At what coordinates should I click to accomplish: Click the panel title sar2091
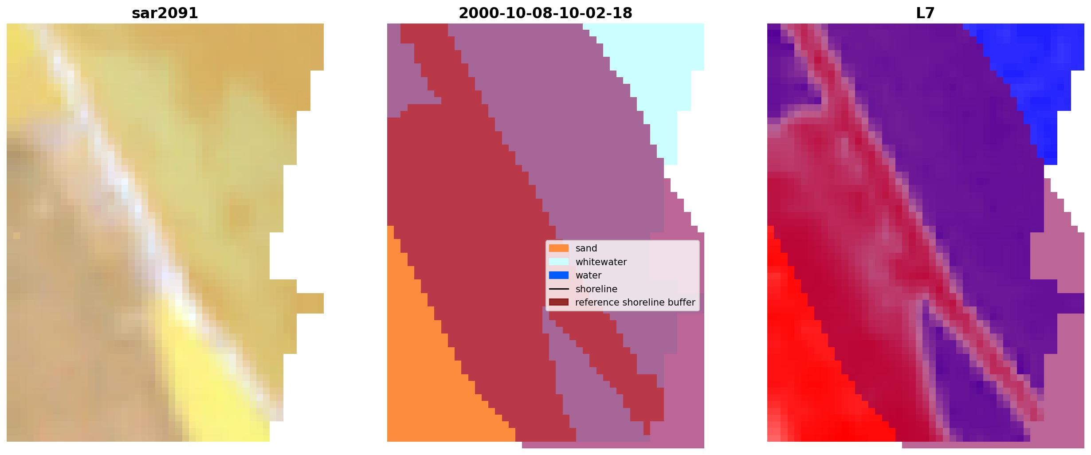[x=165, y=13]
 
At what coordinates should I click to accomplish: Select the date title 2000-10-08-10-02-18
[x=545, y=13]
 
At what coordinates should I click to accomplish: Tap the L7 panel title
[x=926, y=13]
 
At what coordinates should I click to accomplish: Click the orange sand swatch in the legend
[x=559, y=248]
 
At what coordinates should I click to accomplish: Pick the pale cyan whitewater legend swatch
[x=559, y=262]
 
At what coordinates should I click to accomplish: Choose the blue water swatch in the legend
[x=559, y=275]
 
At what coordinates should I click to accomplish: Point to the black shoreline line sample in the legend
[x=559, y=289]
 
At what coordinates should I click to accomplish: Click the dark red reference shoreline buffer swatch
[x=559, y=302]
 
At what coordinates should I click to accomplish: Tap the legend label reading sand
[x=586, y=248]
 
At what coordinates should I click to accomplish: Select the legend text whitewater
[x=601, y=262]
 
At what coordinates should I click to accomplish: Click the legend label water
[x=589, y=275]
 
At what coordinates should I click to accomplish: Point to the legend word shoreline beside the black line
[x=597, y=289]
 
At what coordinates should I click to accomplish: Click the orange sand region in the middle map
[x=435, y=377]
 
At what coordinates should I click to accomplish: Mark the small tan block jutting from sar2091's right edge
[x=310, y=303]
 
